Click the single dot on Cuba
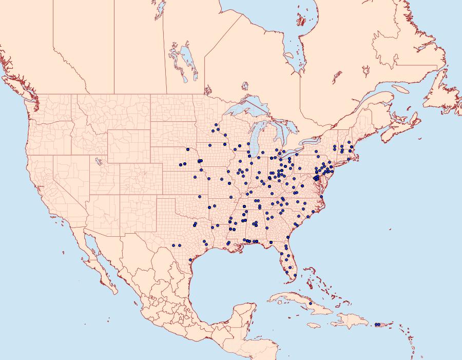(311, 304)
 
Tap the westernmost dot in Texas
(174, 245)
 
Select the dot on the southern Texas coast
(190, 260)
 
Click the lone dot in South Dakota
(188, 149)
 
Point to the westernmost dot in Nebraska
(180, 164)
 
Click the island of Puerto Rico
(381, 325)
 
